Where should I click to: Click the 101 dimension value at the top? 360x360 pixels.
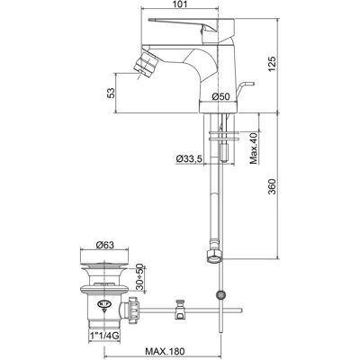180,4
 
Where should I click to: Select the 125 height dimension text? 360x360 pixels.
272,63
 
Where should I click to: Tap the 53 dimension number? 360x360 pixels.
111,93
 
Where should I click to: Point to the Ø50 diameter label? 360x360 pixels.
220,96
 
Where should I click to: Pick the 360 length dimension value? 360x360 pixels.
272,186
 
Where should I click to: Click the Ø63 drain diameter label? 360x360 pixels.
105,245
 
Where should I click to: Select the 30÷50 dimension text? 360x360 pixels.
140,276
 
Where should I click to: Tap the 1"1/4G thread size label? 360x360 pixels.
104,337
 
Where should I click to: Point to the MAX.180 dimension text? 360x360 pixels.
165,351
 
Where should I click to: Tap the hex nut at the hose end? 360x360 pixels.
214,257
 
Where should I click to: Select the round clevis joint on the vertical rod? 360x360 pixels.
221,295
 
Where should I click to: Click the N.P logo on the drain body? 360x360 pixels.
103,303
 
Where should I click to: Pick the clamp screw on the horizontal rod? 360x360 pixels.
180,309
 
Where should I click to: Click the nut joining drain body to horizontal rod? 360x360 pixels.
133,311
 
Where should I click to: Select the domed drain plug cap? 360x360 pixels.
104,265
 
